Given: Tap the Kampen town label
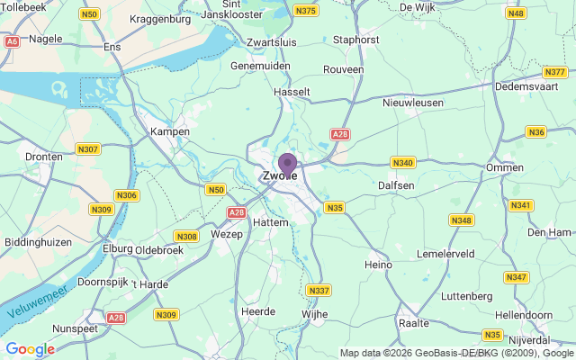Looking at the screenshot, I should (x=169, y=131).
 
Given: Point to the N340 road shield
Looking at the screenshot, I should (x=402, y=162).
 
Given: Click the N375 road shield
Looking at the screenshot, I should (x=306, y=11).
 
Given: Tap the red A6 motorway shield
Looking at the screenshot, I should (x=12, y=40).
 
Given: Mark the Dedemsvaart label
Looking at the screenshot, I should (x=529, y=87).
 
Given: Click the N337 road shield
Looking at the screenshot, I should (x=318, y=290).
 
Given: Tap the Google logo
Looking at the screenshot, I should (x=30, y=348).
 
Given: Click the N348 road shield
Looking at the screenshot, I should (x=462, y=220).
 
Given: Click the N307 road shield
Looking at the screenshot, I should (x=88, y=148).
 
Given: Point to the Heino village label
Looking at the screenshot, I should (x=378, y=265).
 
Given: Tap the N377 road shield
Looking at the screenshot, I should (x=554, y=71).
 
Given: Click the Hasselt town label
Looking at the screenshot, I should (x=292, y=92).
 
